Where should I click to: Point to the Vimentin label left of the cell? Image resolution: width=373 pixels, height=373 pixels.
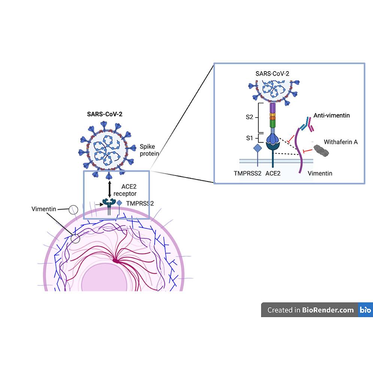pos(44,209)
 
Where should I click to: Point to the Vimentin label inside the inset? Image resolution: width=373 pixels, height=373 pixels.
pos(319,174)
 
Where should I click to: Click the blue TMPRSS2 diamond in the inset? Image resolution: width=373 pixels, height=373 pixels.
pos(257,148)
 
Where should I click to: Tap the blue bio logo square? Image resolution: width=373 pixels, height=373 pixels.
pos(365,310)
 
